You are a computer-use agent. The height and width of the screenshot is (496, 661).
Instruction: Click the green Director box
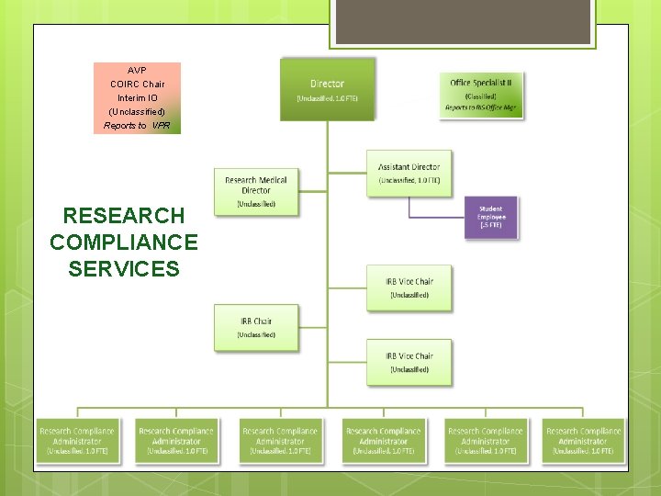click(x=328, y=89)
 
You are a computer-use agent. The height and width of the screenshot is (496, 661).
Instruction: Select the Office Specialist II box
click(x=482, y=96)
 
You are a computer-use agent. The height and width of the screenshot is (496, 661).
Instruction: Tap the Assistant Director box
click(x=409, y=173)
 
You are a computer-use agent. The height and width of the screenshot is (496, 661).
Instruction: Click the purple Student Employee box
click(x=490, y=218)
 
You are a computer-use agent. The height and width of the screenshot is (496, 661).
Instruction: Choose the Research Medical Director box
click(x=256, y=190)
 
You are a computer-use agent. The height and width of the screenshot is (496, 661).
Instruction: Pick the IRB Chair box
click(x=256, y=327)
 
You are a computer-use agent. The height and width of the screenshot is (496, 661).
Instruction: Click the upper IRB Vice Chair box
click(x=409, y=287)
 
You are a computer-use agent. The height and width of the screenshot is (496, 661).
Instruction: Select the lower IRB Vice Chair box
click(x=409, y=362)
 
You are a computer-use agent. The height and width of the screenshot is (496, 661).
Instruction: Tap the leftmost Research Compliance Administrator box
click(x=77, y=440)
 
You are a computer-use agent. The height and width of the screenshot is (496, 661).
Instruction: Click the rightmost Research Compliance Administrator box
click(x=583, y=440)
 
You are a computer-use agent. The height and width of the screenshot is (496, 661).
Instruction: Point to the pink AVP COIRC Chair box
click(x=137, y=97)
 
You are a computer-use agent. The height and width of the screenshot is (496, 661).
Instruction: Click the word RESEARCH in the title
click(x=124, y=216)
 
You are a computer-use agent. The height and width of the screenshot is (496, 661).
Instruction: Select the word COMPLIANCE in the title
click(x=124, y=242)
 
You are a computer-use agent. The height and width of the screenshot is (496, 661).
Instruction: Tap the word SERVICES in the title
click(x=124, y=269)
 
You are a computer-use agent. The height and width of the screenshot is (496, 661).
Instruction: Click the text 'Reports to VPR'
click(x=137, y=126)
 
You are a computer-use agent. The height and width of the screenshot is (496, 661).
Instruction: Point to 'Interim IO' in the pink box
click(x=137, y=97)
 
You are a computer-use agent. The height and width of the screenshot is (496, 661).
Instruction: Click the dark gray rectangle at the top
click(x=461, y=21)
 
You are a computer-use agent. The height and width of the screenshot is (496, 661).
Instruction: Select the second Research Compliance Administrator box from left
click(x=176, y=440)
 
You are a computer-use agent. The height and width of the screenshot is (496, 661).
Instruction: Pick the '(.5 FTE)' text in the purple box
click(x=490, y=225)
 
